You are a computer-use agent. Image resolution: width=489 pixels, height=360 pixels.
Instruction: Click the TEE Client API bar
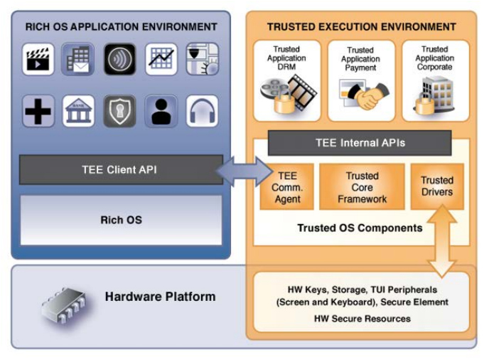coord(117,170)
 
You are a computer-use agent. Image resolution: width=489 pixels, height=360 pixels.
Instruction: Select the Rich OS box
coord(121,220)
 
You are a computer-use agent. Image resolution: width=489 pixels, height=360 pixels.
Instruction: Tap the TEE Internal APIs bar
coord(360,143)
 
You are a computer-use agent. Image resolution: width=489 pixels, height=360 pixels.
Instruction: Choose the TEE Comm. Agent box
coord(287,187)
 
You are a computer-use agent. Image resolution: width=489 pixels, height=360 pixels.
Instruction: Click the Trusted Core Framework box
coord(362,187)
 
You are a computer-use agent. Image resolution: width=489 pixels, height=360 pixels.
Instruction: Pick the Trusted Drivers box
coord(436,186)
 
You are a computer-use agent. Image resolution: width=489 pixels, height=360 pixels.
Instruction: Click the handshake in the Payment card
coord(369,96)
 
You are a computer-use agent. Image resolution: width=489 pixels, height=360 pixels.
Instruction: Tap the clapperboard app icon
coord(38,60)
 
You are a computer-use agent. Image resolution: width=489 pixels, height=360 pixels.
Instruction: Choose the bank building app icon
coord(78,111)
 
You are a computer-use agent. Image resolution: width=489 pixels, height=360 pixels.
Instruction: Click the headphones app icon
coord(202,111)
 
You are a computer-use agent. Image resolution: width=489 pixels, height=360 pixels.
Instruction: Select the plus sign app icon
coord(38,111)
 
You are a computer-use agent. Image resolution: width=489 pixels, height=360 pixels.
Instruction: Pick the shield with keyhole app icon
coord(119,111)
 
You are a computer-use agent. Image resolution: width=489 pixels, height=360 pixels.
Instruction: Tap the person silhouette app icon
coord(161,111)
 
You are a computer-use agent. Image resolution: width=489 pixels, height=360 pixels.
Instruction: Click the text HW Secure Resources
coord(362,318)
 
